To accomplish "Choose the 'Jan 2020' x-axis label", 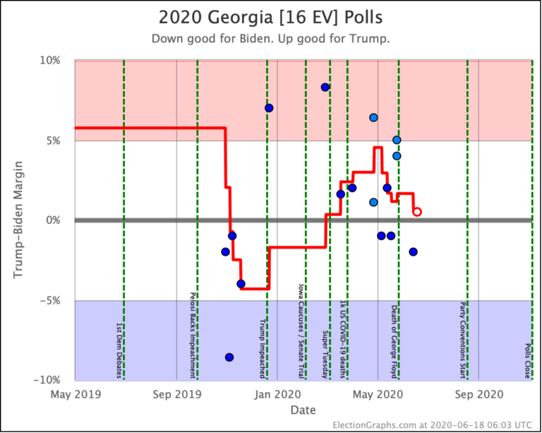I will (x=277, y=393).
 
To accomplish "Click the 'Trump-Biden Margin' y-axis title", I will (x=19, y=220).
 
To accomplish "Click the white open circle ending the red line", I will (x=417, y=211).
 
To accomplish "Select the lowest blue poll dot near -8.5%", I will (x=229, y=357).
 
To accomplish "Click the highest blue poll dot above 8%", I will (x=325, y=87).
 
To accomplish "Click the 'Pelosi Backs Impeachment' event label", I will (x=192, y=335).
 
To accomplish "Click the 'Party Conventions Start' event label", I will (x=462, y=338).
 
